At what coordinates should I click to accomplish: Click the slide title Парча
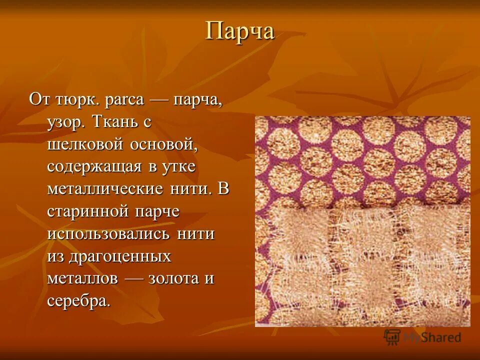[x=240, y=32]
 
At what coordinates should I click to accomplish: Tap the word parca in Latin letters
[x=124, y=99]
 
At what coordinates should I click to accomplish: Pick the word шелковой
[x=85, y=145]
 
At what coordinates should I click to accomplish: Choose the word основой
[x=165, y=145]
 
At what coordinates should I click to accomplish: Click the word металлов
[x=82, y=279]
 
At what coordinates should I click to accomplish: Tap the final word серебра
[x=77, y=301]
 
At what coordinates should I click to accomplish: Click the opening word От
[x=38, y=99]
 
